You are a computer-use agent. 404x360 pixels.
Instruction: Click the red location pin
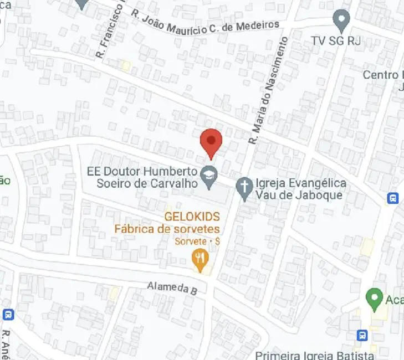click(211, 141)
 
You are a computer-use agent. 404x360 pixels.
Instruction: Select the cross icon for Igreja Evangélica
click(243, 188)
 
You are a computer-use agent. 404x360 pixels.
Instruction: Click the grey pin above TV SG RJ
click(341, 20)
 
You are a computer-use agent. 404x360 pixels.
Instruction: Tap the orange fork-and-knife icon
click(200, 258)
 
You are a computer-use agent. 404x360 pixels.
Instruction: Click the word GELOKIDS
click(192, 217)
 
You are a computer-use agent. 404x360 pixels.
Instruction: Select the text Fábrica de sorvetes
click(167, 229)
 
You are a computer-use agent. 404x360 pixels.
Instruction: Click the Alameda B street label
click(172, 287)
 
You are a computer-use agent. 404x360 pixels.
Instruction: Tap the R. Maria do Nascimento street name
click(270, 91)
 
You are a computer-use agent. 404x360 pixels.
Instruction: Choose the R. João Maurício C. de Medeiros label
click(205, 19)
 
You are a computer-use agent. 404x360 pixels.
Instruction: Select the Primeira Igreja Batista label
click(315, 355)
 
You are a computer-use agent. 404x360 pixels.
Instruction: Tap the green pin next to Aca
click(375, 299)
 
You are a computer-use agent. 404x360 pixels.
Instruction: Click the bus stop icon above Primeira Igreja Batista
click(362, 335)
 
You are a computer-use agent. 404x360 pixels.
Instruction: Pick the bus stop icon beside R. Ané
click(8, 315)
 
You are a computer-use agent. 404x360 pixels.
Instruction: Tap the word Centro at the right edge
click(382, 75)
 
